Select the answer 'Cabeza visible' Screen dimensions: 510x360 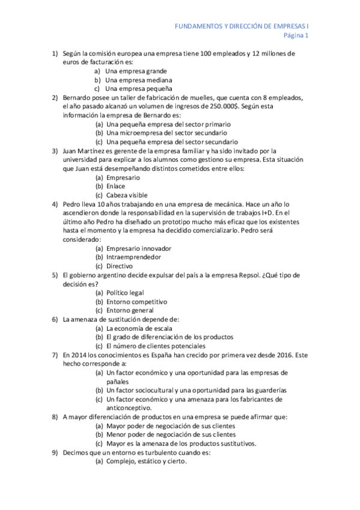[x=127, y=195]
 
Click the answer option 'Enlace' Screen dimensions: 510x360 [x=116, y=186]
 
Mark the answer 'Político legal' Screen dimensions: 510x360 [x=125, y=292]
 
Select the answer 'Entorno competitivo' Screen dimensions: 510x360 [x=136, y=301]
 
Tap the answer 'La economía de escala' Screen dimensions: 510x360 [x=139, y=328]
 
